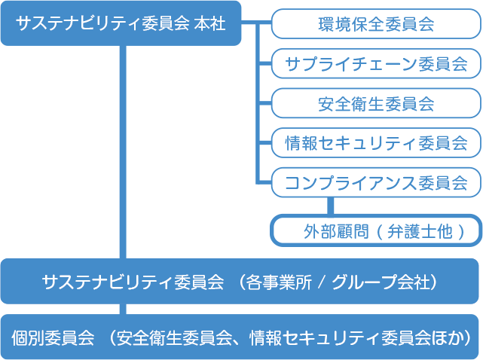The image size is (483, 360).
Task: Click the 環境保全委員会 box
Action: pos(376,24)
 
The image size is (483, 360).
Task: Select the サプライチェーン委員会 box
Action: pos(376,64)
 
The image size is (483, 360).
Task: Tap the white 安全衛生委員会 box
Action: pos(376,103)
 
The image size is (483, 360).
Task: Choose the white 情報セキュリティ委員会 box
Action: pos(376,142)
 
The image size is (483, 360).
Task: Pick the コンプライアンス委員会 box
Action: pos(376,181)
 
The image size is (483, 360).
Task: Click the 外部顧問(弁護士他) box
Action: pos(376,230)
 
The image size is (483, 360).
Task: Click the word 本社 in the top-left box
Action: pos(210,23)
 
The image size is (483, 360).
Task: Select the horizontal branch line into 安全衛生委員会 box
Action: pos(264,103)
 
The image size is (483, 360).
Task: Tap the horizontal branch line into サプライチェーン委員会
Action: pos(264,64)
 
